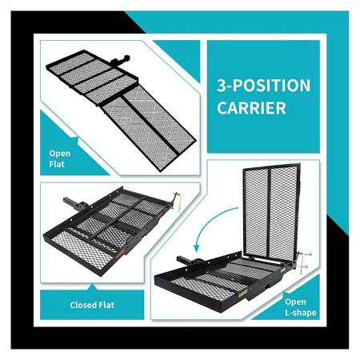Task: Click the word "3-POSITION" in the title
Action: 264,86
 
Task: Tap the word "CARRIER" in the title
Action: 251,108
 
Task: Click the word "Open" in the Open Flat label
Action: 60,154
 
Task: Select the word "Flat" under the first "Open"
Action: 57,164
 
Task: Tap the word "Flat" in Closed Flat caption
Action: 106,305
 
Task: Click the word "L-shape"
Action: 301,313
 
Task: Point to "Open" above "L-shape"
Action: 295,302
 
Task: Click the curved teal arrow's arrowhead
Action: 197,248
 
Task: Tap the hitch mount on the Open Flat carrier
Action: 120,60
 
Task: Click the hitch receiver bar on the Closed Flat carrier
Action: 72,203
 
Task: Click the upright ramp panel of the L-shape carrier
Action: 271,210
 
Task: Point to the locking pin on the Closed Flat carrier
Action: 177,201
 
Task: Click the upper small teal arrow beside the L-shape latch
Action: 307,254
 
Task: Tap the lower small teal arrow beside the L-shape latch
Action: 304,266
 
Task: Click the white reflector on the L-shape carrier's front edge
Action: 242,294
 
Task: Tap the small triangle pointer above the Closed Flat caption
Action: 93,287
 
